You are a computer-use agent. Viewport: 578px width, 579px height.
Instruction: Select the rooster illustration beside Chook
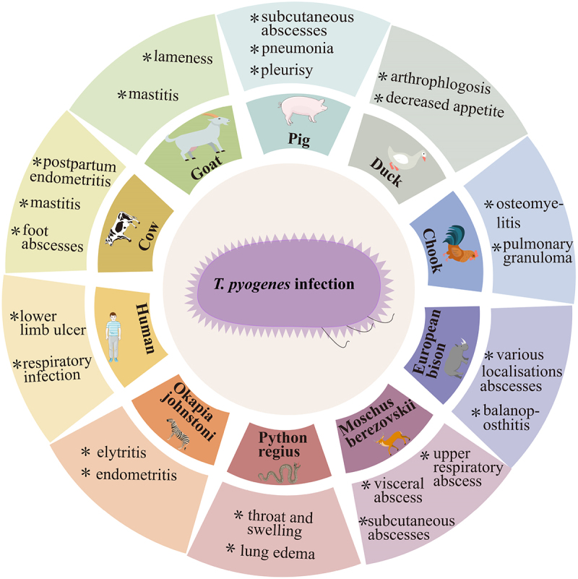pyautogui.click(x=460, y=246)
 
